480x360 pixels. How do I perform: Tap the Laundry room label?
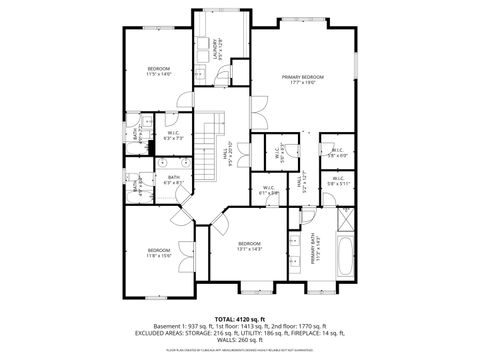215,47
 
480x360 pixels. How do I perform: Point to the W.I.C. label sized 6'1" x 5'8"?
268,190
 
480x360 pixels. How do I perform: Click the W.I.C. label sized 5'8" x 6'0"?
336,152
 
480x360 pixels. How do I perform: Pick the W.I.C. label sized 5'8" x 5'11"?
336,182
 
